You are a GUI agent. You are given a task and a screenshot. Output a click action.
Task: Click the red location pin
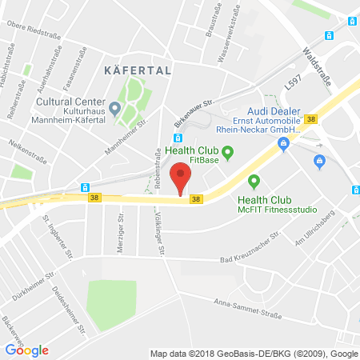tap(182, 178)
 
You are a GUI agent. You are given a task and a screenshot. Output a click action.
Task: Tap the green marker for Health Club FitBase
tap(226, 151)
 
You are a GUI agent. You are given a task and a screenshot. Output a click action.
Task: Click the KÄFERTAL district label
tap(138, 70)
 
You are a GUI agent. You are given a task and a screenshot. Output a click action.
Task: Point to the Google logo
tap(27, 350)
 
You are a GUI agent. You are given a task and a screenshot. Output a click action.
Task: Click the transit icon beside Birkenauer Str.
tap(178, 137)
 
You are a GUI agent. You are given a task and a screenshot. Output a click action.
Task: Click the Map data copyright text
tap(253, 353)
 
